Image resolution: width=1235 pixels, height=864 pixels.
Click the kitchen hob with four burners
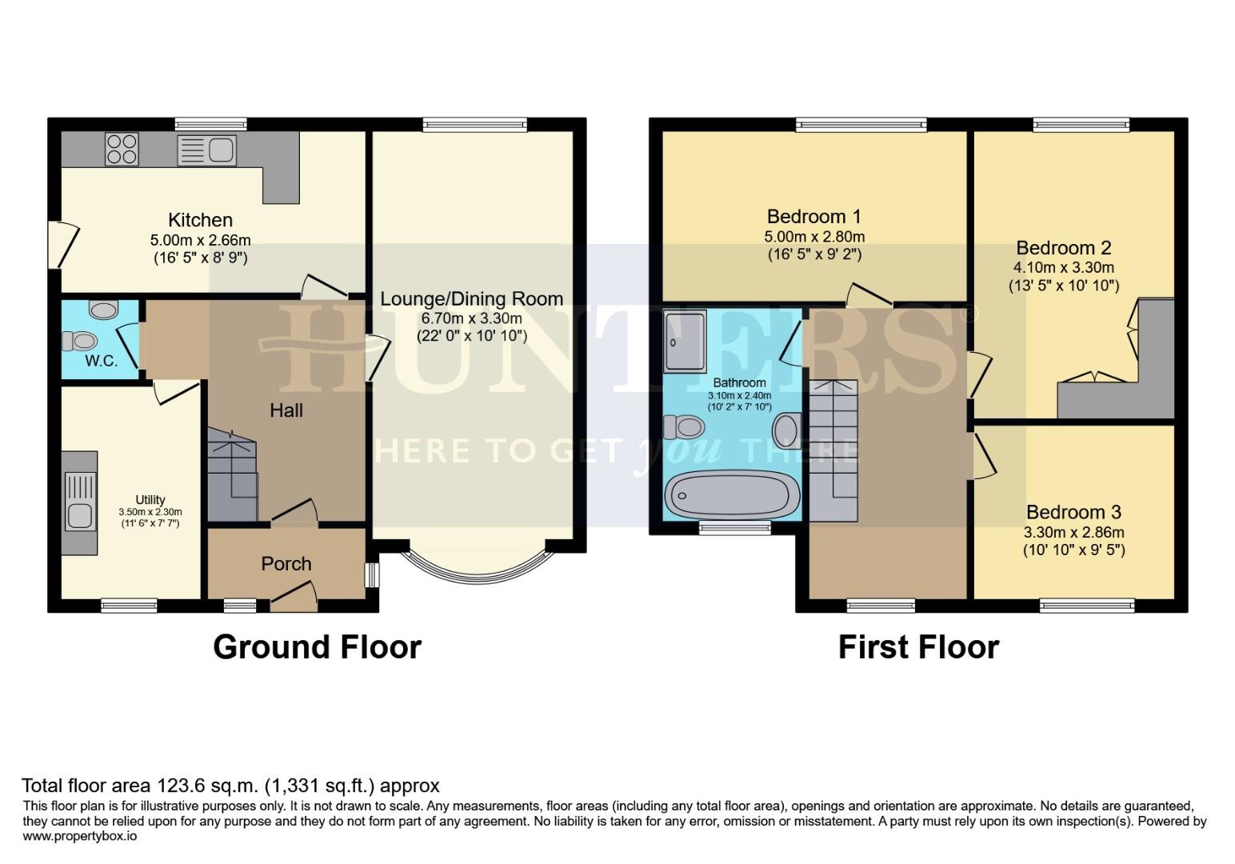(122, 149)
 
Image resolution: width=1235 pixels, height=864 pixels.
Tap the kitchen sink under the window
(207, 150)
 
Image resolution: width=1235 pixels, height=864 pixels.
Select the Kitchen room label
(200, 220)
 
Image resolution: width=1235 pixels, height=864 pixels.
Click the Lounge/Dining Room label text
(471, 299)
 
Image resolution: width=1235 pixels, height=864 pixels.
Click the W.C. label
(101, 361)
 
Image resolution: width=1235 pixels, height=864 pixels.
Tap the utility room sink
(79, 501)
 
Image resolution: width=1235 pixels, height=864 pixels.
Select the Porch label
(286, 564)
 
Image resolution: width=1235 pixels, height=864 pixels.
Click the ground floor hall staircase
(233, 476)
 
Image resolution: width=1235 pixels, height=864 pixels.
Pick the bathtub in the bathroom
(732, 494)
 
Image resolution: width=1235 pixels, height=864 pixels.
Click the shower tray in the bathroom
(685, 342)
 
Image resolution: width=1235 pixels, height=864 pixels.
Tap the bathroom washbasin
(786, 430)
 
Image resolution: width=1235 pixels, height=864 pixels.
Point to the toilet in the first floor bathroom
(682, 427)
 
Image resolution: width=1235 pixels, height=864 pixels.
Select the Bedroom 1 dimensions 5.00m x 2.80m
(814, 237)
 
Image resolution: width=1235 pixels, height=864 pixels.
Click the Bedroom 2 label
(1063, 248)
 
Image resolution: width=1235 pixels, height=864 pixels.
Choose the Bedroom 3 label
(1073, 512)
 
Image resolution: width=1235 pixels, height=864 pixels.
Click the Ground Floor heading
(317, 646)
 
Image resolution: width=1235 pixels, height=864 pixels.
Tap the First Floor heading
(918, 646)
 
